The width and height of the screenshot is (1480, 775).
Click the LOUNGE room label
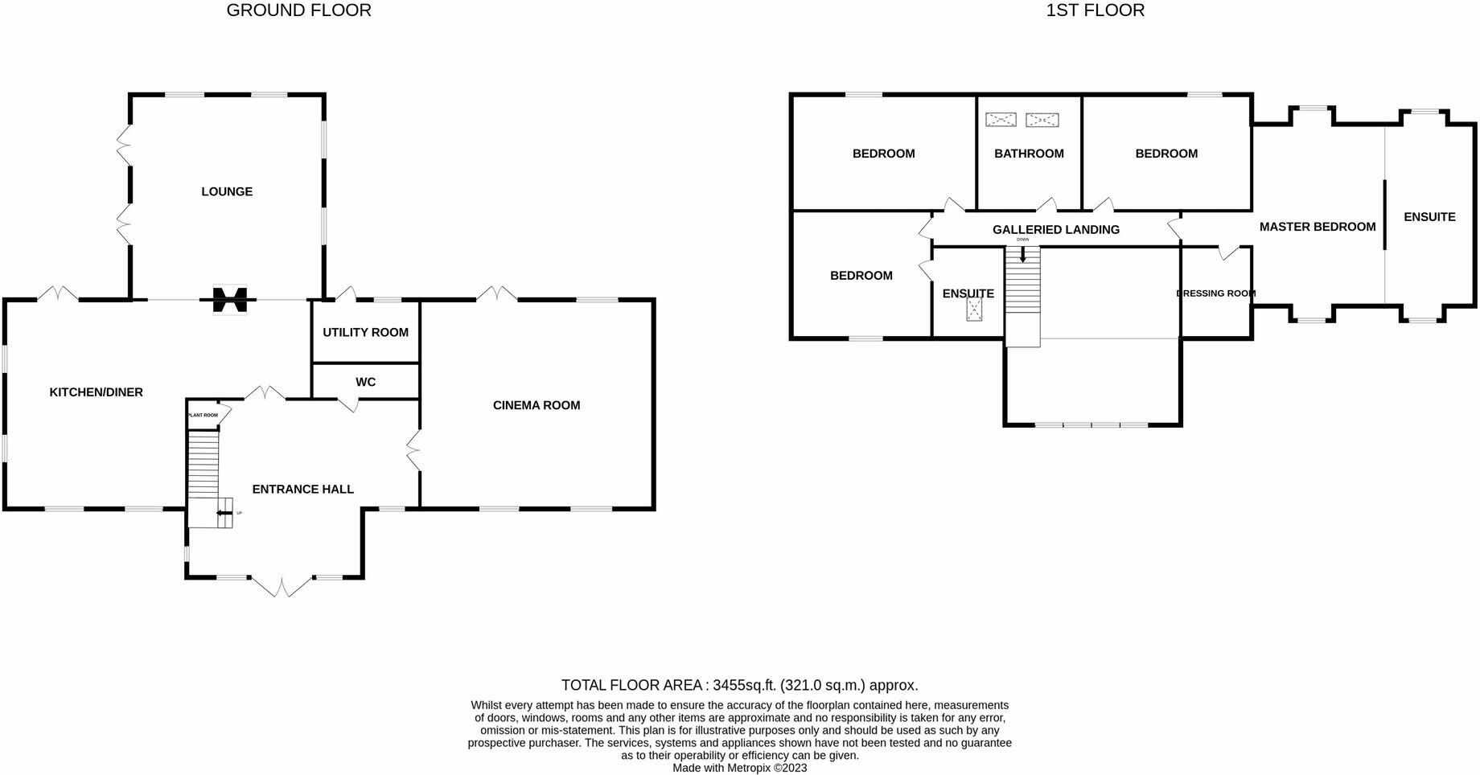tap(227, 191)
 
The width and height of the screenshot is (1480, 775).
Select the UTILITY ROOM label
tap(365, 332)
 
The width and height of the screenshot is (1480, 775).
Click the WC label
tap(365, 382)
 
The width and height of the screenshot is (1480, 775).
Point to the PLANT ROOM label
tap(203, 415)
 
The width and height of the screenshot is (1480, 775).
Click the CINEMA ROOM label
tap(536, 405)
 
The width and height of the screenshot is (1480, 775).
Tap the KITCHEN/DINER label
tap(97, 392)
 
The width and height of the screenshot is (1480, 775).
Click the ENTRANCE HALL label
tap(302, 489)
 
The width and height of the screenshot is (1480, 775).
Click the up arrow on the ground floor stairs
tap(221, 513)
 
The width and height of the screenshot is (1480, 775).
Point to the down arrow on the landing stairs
tap(1022, 255)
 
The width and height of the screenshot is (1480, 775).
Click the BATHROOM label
tap(1029, 154)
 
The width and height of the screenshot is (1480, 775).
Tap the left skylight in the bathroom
tap(1001, 120)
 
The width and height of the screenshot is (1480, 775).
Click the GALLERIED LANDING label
tap(1055, 230)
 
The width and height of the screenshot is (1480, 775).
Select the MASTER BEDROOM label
tap(1317, 227)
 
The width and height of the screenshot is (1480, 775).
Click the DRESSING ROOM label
tap(1215, 293)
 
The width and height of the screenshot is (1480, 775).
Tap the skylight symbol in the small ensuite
tap(975, 311)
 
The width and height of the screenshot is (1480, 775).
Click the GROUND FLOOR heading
tap(298, 10)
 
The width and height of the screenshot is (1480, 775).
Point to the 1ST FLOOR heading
tap(1095, 10)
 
